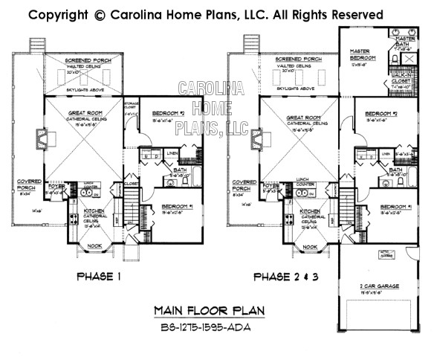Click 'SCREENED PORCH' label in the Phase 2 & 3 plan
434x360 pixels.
(x=297, y=58)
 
